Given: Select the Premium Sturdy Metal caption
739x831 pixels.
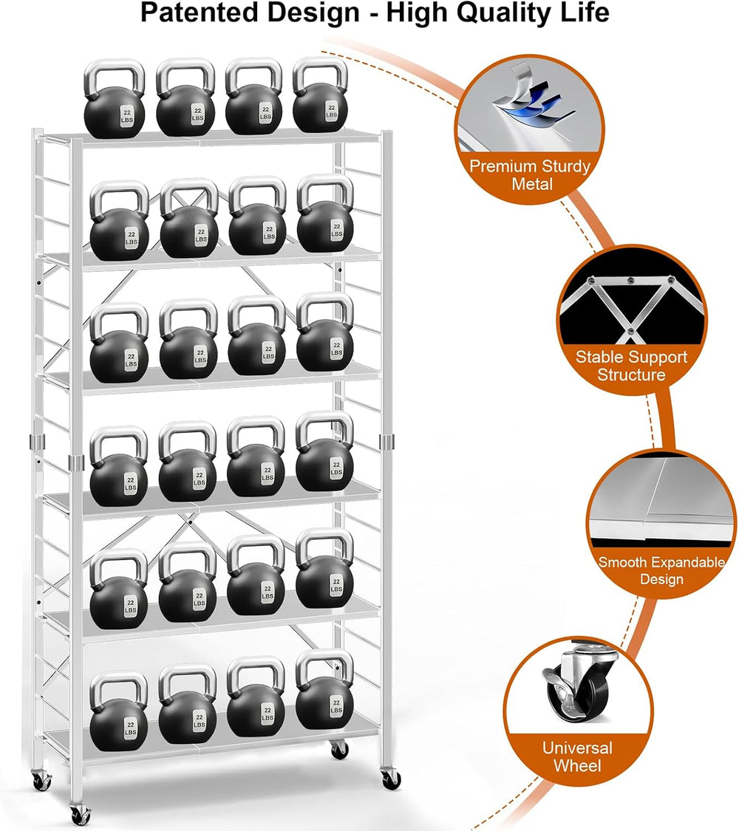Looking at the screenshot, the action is pyautogui.click(x=530, y=175).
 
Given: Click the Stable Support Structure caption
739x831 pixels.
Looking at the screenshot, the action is pyautogui.click(x=631, y=366).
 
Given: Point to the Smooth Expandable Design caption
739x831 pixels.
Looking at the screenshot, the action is pyautogui.click(x=661, y=570).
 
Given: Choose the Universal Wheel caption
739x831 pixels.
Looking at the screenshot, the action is pyautogui.click(x=577, y=756).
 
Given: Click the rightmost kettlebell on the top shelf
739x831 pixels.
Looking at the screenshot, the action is pyautogui.click(x=320, y=95).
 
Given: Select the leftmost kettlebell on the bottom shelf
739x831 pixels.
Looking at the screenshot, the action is pyautogui.click(x=119, y=712).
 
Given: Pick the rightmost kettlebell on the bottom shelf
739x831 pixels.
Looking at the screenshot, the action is pyautogui.click(x=324, y=689).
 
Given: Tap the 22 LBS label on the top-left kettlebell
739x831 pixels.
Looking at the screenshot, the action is pyautogui.click(x=126, y=116).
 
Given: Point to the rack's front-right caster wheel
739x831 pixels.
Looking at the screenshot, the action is pyautogui.click(x=391, y=778).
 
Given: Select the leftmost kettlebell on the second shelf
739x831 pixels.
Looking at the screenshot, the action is pyautogui.click(x=119, y=221).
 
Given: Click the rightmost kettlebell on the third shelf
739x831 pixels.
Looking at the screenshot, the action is pyautogui.click(x=325, y=332).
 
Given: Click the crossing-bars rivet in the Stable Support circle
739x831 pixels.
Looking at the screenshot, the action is pyautogui.click(x=630, y=332).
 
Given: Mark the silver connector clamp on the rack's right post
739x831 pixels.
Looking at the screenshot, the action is pyautogui.click(x=387, y=441).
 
